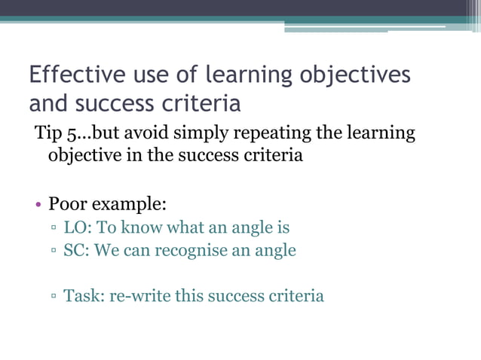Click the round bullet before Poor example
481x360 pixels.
tap(37, 204)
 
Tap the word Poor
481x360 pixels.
tap(69, 203)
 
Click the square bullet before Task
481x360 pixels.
tap(54, 297)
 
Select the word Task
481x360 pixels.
tap(83, 295)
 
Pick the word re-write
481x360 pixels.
tap(140, 295)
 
